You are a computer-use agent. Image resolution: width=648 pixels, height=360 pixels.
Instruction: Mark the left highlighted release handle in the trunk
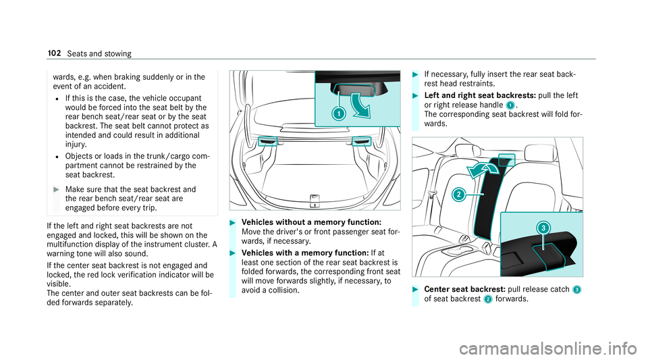click(267, 140)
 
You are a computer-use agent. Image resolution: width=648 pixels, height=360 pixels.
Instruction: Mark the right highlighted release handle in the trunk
click(361, 140)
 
